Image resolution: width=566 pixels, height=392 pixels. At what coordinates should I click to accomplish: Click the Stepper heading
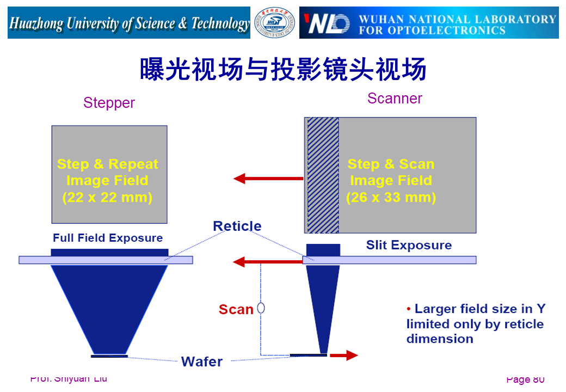point(109,103)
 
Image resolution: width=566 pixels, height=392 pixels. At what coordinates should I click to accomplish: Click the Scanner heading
point(395,99)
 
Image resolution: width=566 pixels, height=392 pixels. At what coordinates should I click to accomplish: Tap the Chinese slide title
point(282,70)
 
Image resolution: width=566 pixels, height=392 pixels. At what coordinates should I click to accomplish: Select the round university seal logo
point(275,23)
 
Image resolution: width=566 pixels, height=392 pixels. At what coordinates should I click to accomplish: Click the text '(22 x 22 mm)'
point(107,197)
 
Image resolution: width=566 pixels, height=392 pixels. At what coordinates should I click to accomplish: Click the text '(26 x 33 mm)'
point(391,197)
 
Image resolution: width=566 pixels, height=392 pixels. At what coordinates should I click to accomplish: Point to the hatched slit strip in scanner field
point(323,175)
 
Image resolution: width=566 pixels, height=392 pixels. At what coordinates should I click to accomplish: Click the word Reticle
point(237,226)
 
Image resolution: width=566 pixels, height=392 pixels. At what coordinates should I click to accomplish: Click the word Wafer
point(202,362)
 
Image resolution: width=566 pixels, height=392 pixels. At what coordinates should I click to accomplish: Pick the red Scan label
point(236,309)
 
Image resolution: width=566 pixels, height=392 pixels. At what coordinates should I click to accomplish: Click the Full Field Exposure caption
point(108,238)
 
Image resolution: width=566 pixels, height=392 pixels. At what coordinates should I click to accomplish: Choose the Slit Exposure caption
point(409,245)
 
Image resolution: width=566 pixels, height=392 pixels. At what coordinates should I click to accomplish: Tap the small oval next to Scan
point(261,308)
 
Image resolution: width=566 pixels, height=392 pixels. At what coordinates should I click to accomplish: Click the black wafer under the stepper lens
point(109,356)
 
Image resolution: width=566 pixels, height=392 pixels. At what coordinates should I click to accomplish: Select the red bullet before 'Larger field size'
point(409,309)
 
